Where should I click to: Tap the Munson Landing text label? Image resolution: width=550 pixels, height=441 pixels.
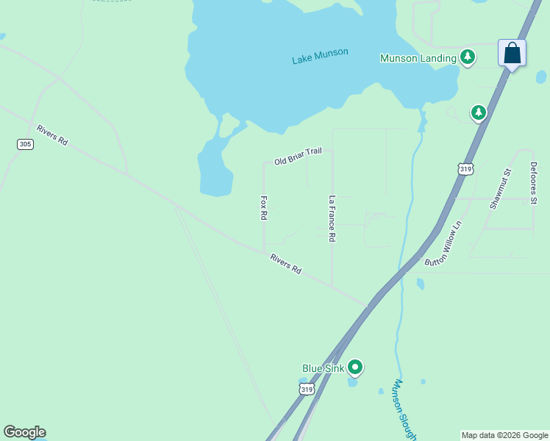click(x=418, y=57)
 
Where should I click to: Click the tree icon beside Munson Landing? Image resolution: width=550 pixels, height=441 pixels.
click(x=467, y=57)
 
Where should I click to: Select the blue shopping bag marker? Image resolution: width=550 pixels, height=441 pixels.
click(x=512, y=54)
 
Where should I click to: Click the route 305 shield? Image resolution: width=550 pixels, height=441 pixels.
click(x=25, y=144)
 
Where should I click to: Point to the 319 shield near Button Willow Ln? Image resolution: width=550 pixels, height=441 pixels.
click(x=465, y=169)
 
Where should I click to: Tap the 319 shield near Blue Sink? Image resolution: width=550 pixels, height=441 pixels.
click(x=307, y=390)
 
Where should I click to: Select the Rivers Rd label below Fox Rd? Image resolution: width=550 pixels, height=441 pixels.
click(x=285, y=264)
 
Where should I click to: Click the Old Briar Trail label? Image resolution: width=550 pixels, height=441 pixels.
click(x=298, y=156)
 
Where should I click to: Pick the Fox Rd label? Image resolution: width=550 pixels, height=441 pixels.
click(x=263, y=208)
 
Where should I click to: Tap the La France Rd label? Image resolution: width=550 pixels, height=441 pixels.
click(x=332, y=218)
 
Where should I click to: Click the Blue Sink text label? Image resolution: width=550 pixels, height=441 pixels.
click(x=324, y=367)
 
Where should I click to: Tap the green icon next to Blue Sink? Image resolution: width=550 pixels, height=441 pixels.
click(x=355, y=366)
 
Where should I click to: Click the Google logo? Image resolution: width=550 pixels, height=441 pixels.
click(x=24, y=432)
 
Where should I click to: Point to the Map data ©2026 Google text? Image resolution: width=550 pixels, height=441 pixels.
click(x=504, y=435)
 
